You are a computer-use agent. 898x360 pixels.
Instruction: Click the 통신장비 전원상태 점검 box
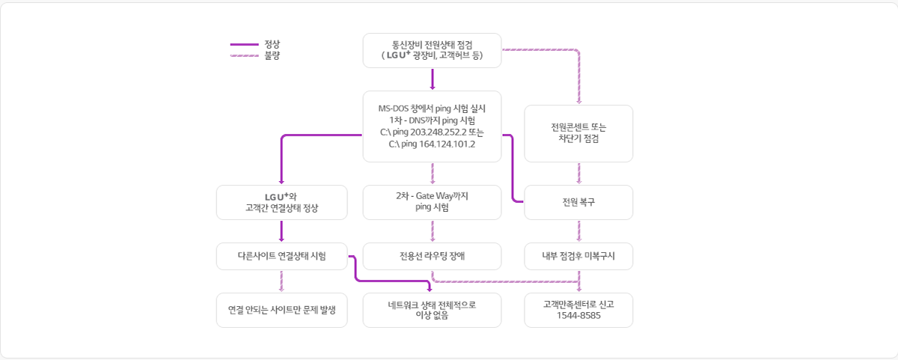click(432, 50)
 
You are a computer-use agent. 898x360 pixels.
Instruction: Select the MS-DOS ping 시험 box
click(432, 126)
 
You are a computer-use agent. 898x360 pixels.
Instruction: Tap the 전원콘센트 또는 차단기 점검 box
click(578, 133)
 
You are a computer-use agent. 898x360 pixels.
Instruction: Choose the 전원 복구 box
click(578, 202)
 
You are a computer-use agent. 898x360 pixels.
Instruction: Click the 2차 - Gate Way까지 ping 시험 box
click(432, 202)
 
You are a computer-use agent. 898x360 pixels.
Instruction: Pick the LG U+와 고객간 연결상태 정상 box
click(281, 202)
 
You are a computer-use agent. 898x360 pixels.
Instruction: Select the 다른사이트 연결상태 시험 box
click(281, 255)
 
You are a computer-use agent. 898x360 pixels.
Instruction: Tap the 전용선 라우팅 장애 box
click(432, 255)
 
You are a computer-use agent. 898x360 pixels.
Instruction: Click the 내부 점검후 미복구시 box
click(578, 255)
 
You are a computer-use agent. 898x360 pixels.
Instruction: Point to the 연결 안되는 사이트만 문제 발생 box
click(281, 309)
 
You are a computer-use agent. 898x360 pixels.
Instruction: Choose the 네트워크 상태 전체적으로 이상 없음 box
click(432, 309)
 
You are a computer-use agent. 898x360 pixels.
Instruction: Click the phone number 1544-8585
click(578, 316)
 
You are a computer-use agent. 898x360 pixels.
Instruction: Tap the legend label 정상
click(272, 44)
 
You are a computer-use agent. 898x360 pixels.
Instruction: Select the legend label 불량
click(272, 55)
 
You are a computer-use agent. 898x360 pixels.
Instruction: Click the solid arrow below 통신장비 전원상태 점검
click(433, 79)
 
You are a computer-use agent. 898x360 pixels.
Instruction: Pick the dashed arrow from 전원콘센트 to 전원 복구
click(578, 174)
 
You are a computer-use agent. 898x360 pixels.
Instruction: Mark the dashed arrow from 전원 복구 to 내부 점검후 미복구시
click(578, 231)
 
